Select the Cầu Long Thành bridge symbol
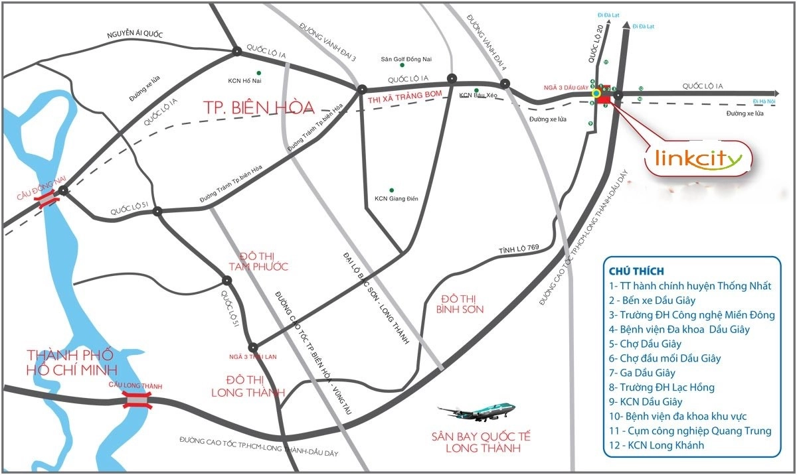(135, 399)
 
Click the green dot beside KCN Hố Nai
(258, 72)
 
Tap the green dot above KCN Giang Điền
(392, 190)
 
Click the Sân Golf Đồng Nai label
(405, 59)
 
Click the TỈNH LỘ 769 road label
(515, 251)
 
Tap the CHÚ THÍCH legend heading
(636, 271)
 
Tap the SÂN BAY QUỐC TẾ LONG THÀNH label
(481, 442)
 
